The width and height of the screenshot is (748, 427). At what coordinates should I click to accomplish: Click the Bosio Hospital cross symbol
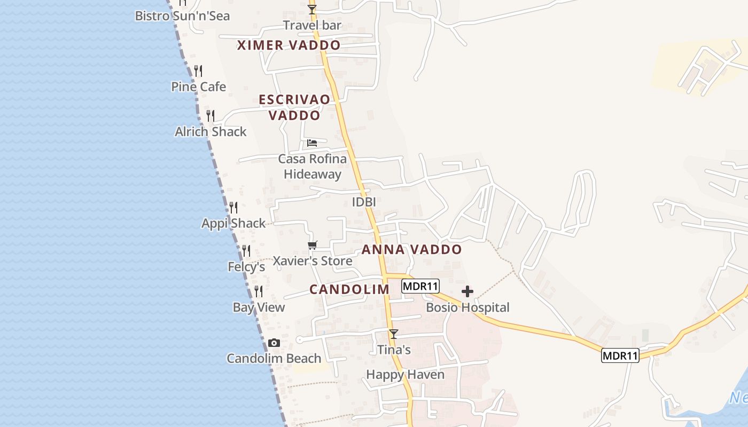[x=467, y=291]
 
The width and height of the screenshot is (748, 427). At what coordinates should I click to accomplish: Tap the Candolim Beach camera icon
[x=274, y=343]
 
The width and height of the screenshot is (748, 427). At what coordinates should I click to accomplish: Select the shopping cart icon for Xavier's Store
[x=313, y=245]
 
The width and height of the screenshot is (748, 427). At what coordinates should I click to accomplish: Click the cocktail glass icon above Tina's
[x=394, y=334]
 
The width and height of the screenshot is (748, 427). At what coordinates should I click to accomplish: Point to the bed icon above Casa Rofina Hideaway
[x=312, y=143]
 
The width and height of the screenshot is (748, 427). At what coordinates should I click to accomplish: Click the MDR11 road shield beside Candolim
[x=420, y=286]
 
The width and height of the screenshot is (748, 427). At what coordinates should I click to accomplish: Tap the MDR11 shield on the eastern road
[x=620, y=355]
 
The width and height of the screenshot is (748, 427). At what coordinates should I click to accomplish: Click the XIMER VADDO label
[x=289, y=45]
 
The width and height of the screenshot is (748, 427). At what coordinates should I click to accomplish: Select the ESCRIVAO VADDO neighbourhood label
[x=294, y=107]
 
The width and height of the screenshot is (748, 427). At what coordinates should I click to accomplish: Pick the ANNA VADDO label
[x=411, y=249]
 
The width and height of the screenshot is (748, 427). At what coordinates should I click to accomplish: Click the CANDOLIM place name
[x=349, y=289]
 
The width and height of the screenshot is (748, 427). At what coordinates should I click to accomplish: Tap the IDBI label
[x=364, y=202]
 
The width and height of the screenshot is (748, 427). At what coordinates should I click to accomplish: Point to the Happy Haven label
[x=405, y=375]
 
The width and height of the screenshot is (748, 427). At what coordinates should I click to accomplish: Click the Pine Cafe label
[x=199, y=86]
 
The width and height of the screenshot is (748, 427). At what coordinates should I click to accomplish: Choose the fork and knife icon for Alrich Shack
[x=211, y=116]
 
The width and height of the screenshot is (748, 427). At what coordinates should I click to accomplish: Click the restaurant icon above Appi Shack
[x=233, y=207]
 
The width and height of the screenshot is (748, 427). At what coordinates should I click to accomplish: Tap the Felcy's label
[x=246, y=266]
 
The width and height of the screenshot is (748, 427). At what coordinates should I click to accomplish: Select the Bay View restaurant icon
[x=259, y=291]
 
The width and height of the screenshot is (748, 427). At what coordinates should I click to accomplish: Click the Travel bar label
[x=313, y=25]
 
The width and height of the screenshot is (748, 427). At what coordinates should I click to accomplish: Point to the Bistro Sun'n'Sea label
[x=182, y=15]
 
